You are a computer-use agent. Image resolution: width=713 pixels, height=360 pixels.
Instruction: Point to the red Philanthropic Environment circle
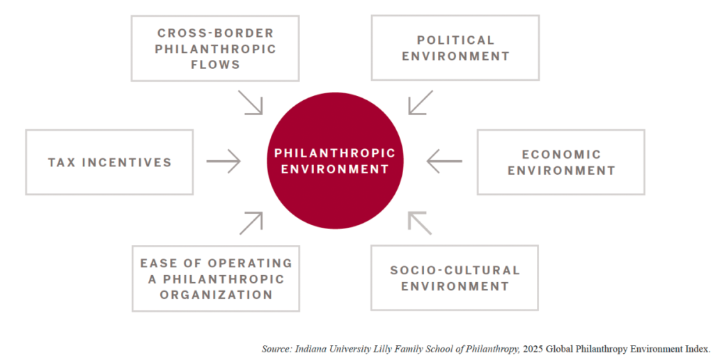335,161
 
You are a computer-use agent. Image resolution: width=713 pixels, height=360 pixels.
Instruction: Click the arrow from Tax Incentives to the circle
224,161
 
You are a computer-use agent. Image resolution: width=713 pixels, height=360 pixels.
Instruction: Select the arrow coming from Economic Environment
444,161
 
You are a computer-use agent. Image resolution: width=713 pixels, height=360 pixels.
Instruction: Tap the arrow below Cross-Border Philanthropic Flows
251,102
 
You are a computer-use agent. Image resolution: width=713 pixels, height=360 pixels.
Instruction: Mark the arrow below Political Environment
421,102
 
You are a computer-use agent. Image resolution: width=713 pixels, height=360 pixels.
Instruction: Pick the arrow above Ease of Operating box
251,224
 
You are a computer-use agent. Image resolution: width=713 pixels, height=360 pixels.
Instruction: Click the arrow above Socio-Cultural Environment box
420,224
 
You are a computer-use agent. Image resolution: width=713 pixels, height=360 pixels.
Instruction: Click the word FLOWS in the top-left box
216,65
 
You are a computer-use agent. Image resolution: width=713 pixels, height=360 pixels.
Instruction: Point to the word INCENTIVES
127,162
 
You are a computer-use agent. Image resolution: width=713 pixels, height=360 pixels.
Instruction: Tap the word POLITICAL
455,40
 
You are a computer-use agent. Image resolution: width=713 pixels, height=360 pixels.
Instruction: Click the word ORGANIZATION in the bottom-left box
216,295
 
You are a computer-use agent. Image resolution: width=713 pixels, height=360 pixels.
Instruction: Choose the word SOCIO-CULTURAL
455,270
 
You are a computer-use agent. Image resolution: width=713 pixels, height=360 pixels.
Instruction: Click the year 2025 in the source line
533,349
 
